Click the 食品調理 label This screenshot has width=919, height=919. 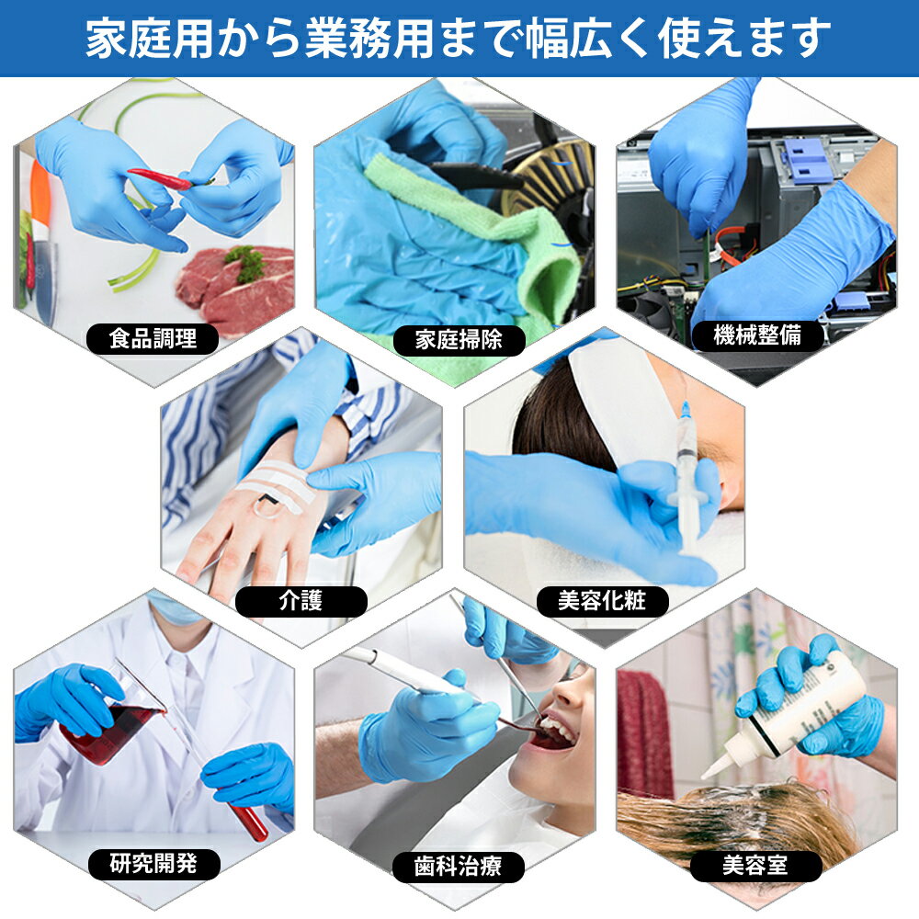click(153, 338)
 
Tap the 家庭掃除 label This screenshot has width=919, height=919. click(459, 339)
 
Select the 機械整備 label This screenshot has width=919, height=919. click(757, 335)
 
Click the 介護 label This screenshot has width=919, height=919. click(301, 601)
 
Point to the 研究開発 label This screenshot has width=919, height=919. click(153, 863)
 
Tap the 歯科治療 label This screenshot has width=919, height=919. click(458, 866)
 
